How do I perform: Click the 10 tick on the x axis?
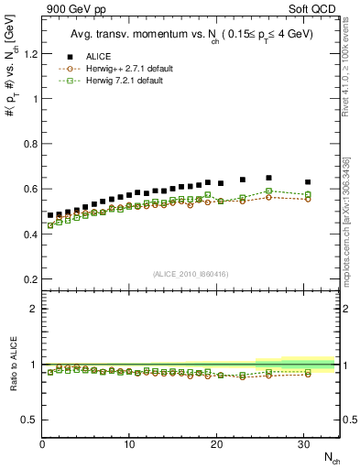(x=129, y=444)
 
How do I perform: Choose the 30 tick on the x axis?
(x=304, y=444)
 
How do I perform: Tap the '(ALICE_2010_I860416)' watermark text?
(x=189, y=273)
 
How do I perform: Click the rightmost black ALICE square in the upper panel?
(x=308, y=182)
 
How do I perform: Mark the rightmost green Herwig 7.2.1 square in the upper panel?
(x=308, y=194)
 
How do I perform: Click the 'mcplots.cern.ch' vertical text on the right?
(x=351, y=238)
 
